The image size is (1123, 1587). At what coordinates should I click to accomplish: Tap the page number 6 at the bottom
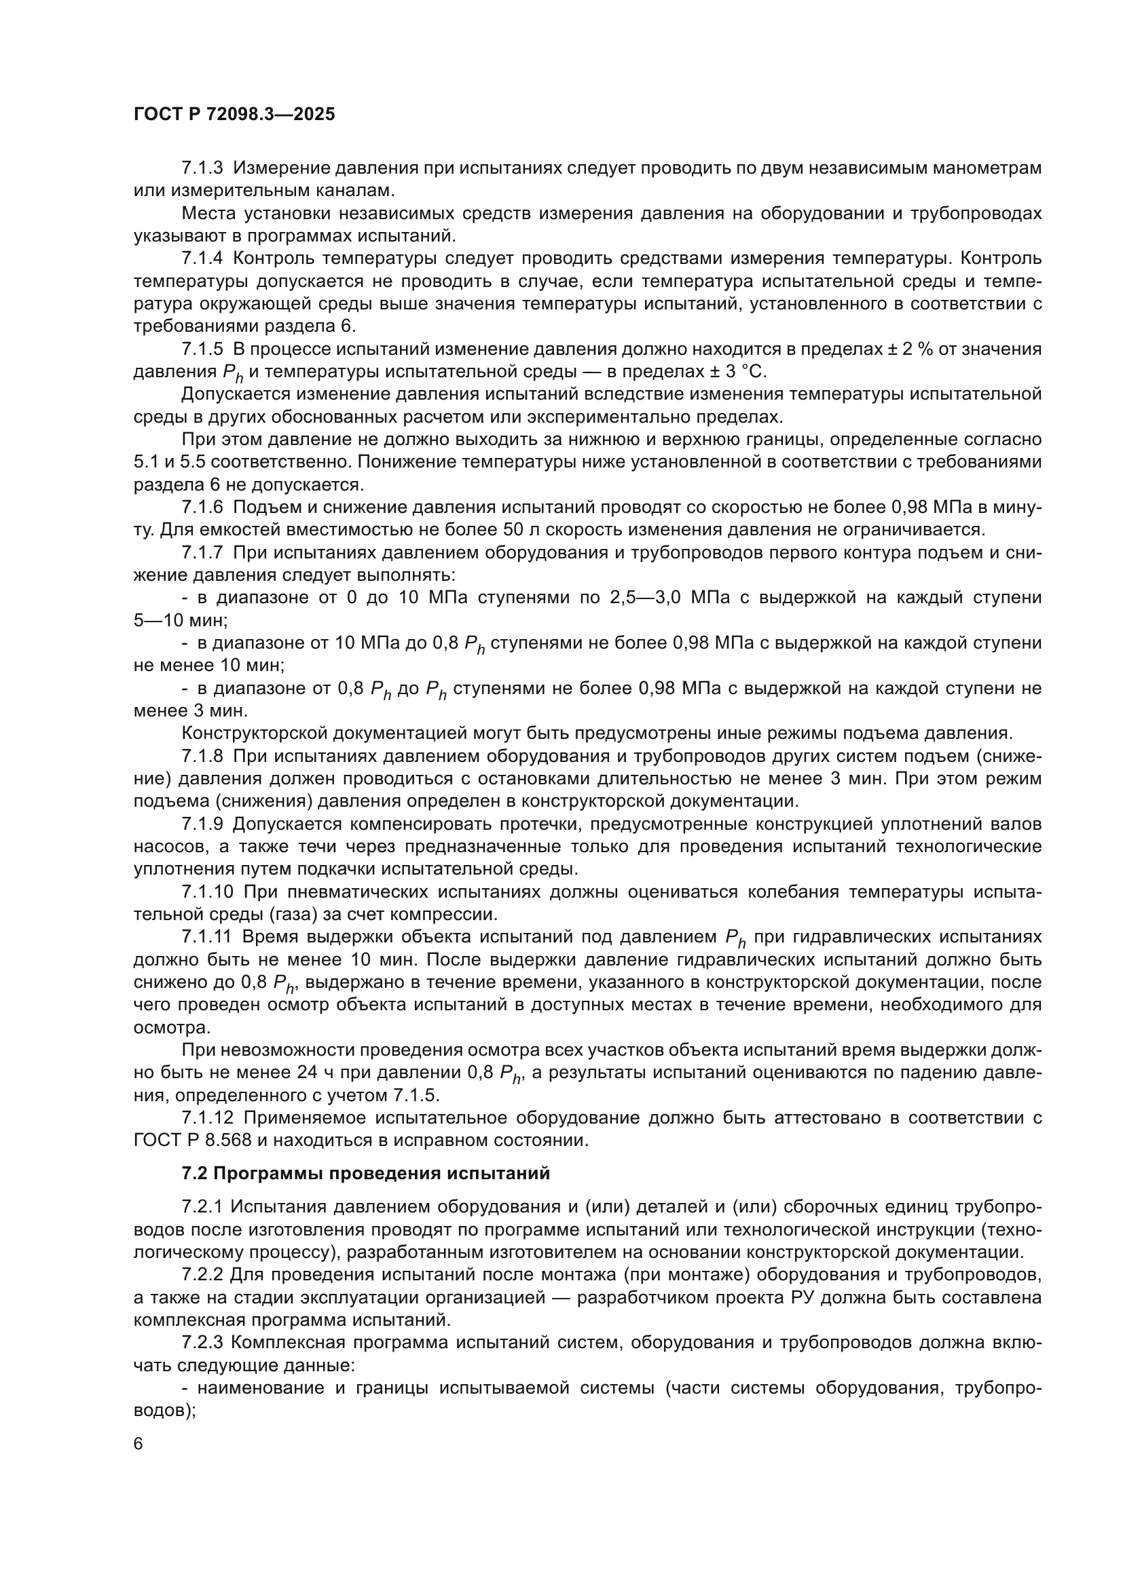click(x=139, y=1444)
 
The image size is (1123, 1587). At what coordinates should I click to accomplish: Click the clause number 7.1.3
click(x=202, y=168)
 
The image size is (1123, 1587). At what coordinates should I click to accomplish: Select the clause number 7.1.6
click(x=202, y=508)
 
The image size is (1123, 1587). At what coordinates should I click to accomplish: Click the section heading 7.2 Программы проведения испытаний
click(x=366, y=1173)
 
